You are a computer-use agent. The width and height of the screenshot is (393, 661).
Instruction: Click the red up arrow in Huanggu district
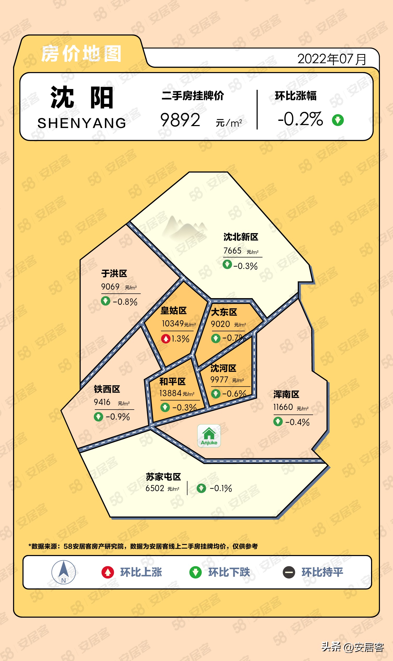pos(166,339)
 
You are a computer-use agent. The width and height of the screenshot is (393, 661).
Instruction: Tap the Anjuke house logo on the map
pos(209,436)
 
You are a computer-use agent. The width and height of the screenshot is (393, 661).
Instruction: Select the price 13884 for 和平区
pos(171,393)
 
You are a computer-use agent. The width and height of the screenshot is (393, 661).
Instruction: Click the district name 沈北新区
pos(241,237)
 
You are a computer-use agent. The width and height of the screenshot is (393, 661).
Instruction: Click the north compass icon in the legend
pos(63,572)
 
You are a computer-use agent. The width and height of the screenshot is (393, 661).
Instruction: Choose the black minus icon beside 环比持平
pos(289,573)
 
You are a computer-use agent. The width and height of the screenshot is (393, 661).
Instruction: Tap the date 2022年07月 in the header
pos(332,59)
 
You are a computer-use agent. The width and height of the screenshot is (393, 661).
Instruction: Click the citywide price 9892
pos(180,120)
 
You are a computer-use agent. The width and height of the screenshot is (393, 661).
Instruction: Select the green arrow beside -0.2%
pos(338,120)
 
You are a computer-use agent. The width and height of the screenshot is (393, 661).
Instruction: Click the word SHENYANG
pos(82,123)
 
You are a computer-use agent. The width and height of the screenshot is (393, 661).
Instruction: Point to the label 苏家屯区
pos(163,477)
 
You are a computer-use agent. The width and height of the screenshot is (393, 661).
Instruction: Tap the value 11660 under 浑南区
pos(283,407)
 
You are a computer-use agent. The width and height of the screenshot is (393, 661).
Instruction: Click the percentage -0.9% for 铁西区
pos(118,417)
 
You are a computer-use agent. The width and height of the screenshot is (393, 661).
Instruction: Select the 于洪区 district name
pos(114,274)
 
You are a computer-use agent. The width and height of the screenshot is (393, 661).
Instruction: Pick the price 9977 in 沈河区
pos(219,380)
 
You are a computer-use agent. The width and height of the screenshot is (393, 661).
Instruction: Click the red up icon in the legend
pos(108,573)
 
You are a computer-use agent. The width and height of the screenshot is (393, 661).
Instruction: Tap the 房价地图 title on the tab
pos(81,54)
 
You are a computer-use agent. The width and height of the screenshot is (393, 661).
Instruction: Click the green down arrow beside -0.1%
pos(201,488)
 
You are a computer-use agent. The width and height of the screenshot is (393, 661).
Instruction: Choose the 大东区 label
pos(224,312)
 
